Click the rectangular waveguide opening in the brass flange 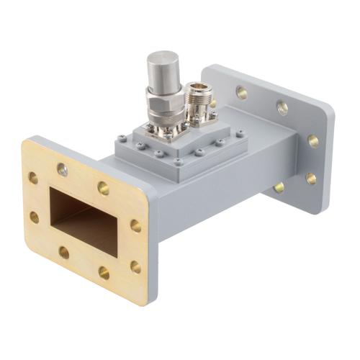[81, 216]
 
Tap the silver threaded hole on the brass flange [62, 170]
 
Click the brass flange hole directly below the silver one [64, 253]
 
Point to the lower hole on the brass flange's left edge [34, 217]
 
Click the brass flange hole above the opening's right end [104, 188]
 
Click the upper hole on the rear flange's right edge [313, 140]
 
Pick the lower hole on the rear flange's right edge [310, 178]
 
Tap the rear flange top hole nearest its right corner [282, 107]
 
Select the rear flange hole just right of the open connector [241, 92]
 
